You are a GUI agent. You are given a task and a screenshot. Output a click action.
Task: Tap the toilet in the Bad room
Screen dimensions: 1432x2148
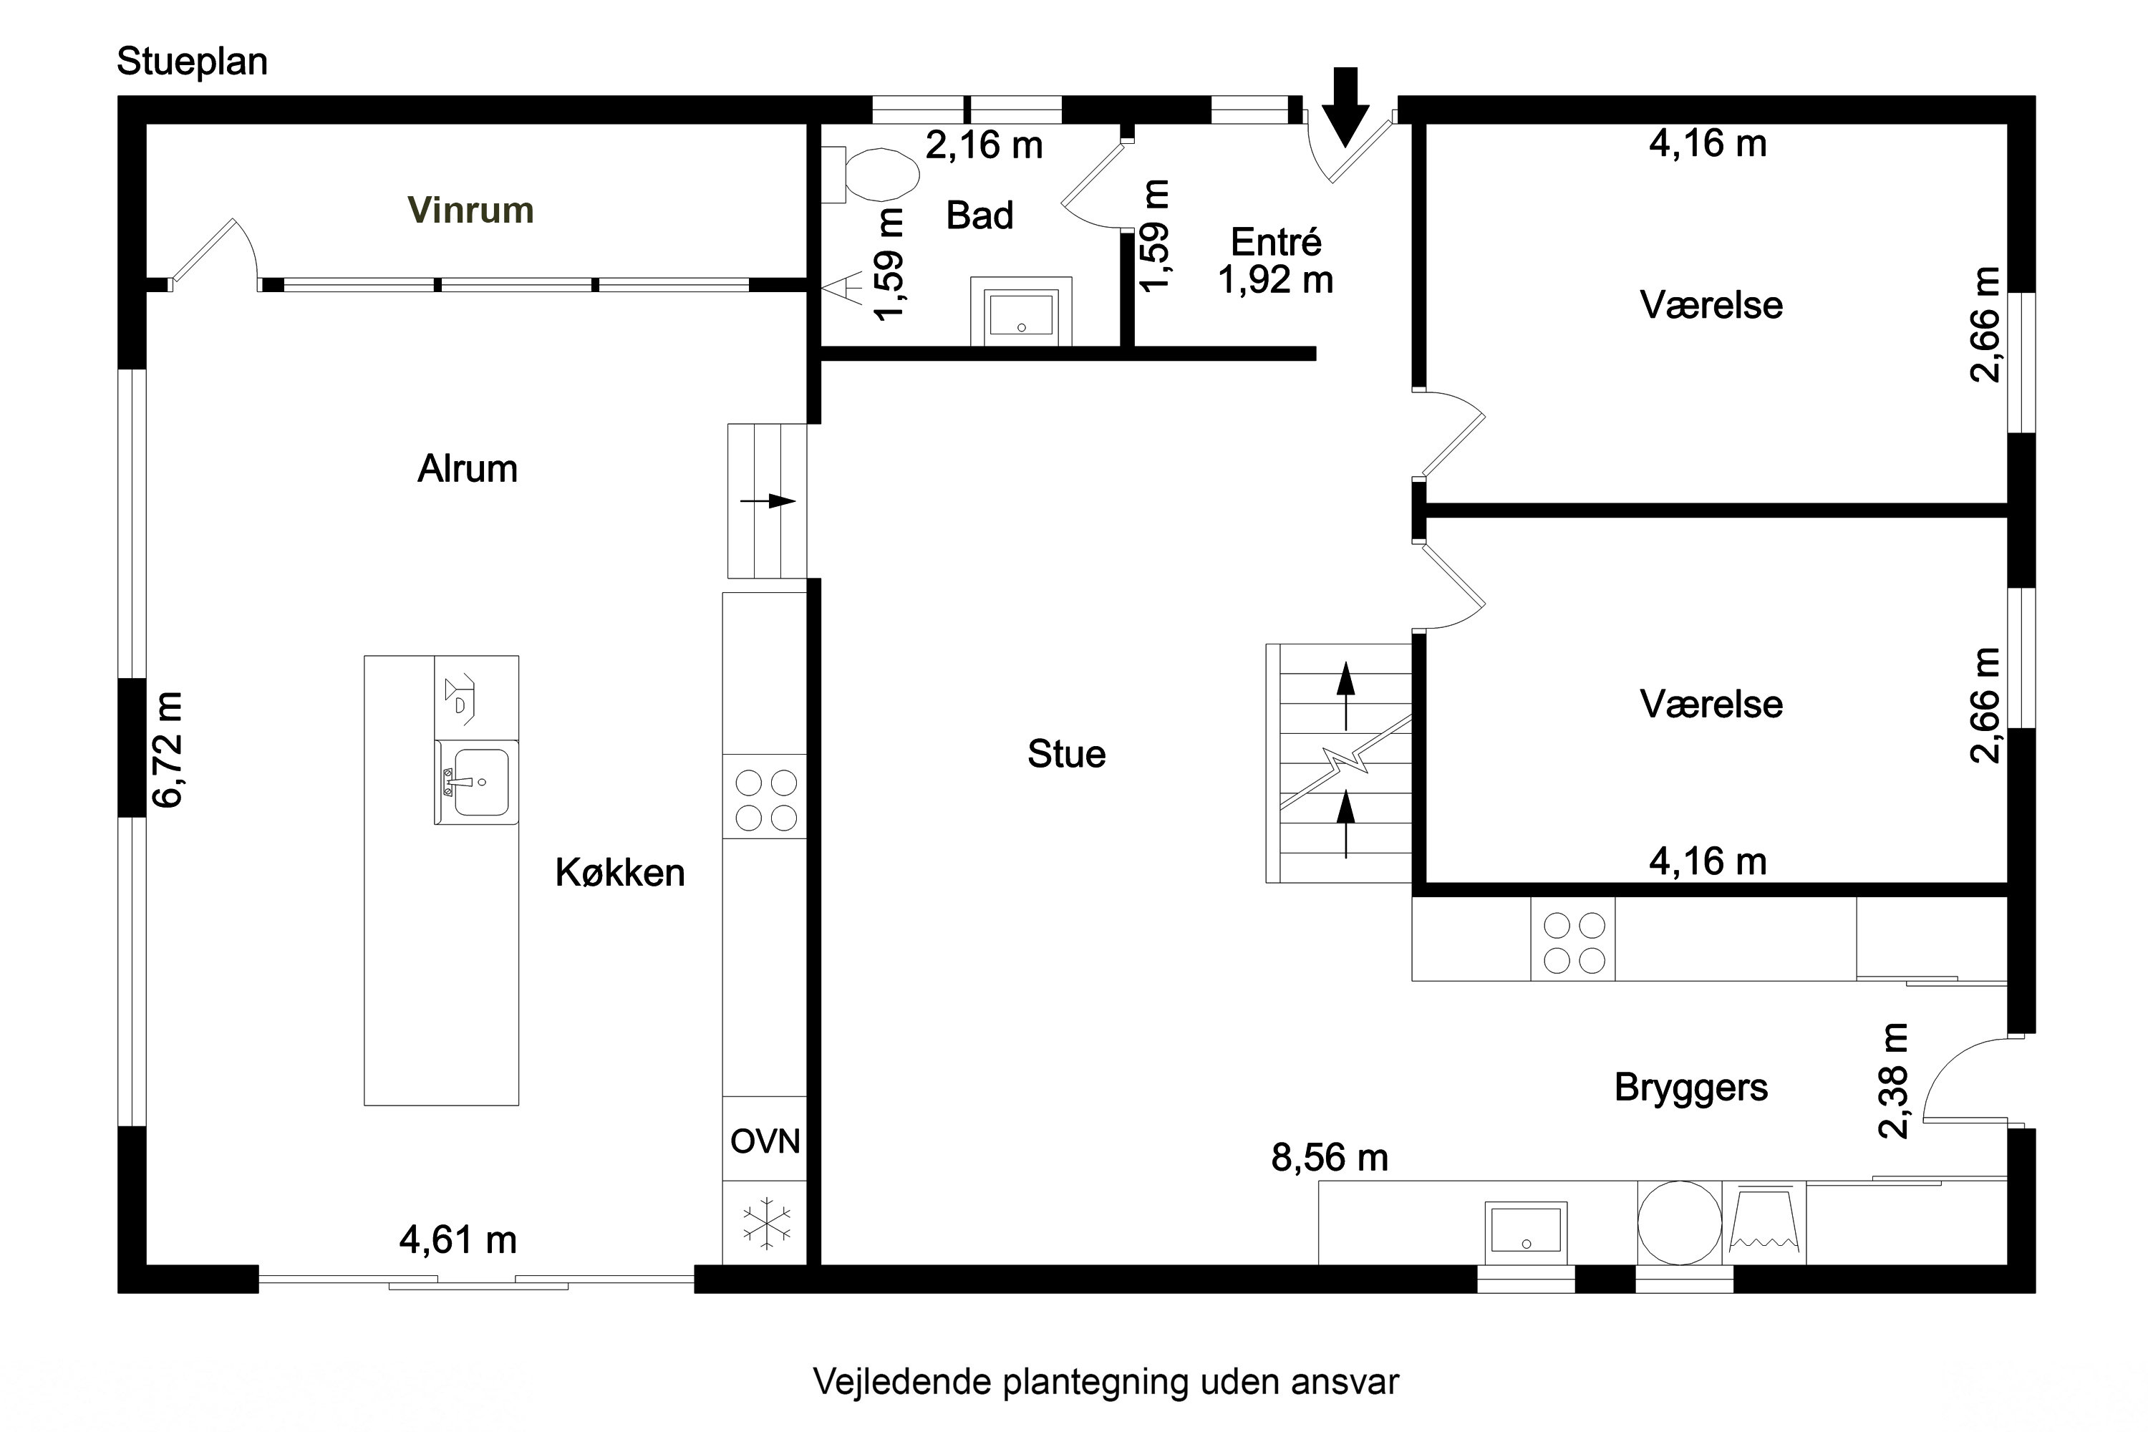click(x=876, y=175)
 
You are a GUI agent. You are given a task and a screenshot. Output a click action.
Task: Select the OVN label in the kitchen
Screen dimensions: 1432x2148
click(x=765, y=1141)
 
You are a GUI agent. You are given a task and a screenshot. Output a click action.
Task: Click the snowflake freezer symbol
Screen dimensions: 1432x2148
click(x=765, y=1222)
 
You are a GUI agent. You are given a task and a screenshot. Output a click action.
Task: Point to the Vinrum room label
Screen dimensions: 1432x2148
click(x=470, y=210)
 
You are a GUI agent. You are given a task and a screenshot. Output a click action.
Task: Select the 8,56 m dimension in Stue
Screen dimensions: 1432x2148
click(x=1329, y=1158)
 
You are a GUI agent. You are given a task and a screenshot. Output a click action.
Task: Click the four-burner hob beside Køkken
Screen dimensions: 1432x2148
click(x=765, y=800)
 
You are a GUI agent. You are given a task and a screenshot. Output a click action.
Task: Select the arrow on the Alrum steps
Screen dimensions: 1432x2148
click(x=768, y=500)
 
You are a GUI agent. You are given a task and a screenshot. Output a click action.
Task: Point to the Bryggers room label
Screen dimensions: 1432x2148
click(x=1690, y=1088)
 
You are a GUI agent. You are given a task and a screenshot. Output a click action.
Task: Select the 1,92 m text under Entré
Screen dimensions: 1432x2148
click(x=1275, y=281)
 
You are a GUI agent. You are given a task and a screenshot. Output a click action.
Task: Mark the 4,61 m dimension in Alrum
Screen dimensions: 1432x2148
click(x=458, y=1240)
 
